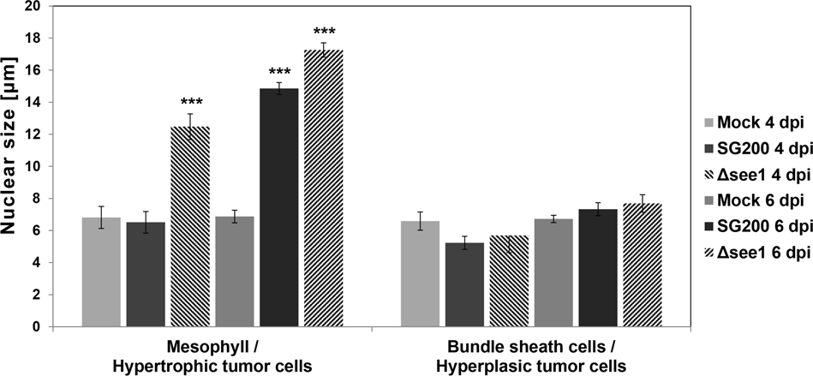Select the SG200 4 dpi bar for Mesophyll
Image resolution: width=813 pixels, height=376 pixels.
tap(146, 274)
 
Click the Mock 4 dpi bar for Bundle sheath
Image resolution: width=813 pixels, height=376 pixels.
tap(421, 274)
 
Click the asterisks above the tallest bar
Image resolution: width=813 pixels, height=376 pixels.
tap(324, 33)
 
